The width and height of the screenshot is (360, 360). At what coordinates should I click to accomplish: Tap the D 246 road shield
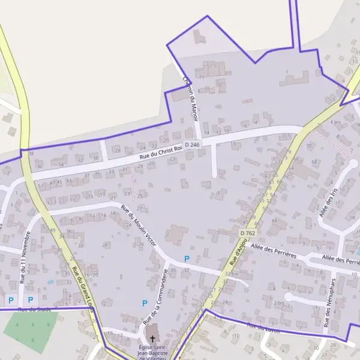pos(192,145)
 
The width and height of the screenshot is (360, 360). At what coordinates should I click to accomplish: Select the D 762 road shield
pos(247,233)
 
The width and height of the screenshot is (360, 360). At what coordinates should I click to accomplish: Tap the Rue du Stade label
pos(34,310)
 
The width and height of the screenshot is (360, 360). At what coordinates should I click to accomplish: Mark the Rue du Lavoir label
pos(263,328)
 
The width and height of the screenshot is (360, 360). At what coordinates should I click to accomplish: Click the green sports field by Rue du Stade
pos(31,328)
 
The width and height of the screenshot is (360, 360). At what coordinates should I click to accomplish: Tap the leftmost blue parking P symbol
pos(10,299)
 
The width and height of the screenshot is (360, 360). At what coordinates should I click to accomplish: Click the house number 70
pos(309,146)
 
